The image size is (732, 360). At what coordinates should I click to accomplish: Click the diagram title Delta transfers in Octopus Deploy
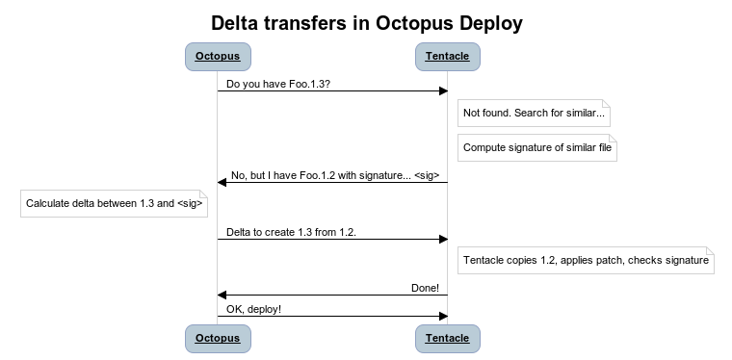366,21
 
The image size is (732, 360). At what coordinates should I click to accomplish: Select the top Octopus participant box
217,56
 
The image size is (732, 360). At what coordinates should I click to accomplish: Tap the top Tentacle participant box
448,56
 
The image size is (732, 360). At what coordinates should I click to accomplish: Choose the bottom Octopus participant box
217,338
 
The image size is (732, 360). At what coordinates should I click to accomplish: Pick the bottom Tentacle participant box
448,338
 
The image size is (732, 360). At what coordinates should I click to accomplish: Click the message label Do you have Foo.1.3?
279,84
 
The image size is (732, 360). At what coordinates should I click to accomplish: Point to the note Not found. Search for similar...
535,114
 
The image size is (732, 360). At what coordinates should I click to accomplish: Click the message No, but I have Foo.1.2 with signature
335,175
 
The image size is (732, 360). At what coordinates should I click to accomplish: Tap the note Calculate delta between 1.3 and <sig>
115,203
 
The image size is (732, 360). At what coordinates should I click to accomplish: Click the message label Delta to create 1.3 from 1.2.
291,232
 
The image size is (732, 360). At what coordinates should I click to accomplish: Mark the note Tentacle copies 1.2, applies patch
586,260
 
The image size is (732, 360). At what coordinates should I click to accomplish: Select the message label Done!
425,288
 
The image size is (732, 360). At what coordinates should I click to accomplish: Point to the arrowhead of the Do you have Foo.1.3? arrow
443,91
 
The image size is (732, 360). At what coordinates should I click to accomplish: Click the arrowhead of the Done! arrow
222,295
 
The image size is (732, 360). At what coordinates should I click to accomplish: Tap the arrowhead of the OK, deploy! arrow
443,316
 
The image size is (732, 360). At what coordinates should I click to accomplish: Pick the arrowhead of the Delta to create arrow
443,239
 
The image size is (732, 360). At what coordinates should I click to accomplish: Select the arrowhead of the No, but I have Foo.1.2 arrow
222,182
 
